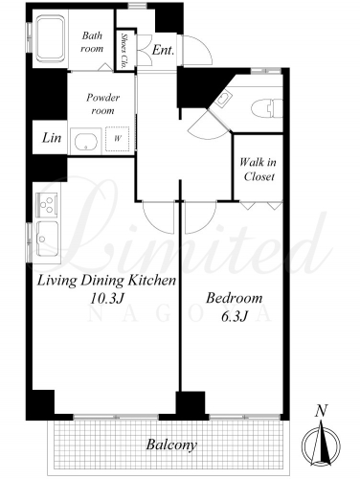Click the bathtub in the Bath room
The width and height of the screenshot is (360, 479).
(x=51, y=39)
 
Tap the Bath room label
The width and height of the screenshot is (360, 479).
(x=92, y=42)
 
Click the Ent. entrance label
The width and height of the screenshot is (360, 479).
(x=163, y=50)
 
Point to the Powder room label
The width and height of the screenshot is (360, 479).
(x=102, y=103)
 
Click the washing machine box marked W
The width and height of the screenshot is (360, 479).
(x=118, y=139)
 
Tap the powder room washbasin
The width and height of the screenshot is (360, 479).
(x=85, y=142)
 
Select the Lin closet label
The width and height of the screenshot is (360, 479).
(x=52, y=138)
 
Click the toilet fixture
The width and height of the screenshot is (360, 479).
(x=267, y=108)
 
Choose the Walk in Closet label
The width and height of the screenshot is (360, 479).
(x=259, y=170)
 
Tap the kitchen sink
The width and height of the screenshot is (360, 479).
(x=47, y=239)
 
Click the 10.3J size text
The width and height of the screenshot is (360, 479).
(x=106, y=299)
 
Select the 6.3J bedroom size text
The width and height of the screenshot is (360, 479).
(x=235, y=316)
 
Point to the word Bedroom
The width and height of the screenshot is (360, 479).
(x=234, y=298)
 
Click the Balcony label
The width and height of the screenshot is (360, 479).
(x=171, y=445)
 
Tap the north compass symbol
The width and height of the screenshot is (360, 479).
(x=321, y=445)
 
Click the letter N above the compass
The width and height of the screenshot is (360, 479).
(x=322, y=411)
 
